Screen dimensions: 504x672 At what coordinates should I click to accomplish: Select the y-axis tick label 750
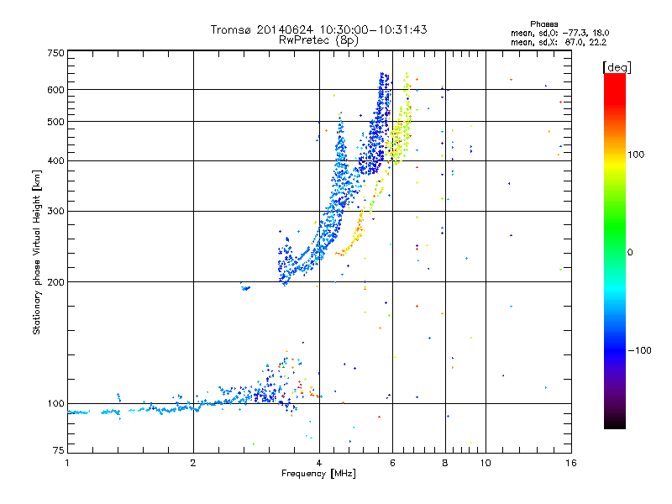(x=56, y=53)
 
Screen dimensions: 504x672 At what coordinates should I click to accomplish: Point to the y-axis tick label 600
(x=56, y=90)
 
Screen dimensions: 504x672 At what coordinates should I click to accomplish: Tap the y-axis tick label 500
(x=56, y=122)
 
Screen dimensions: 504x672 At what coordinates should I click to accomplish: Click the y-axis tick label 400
(x=56, y=161)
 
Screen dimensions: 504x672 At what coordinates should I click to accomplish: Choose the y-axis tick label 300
(x=56, y=212)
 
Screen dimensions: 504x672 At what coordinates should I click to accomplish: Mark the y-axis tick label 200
(x=56, y=282)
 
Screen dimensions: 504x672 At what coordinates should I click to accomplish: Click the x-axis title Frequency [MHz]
(x=318, y=474)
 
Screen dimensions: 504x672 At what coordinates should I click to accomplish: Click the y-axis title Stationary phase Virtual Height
(x=37, y=252)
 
